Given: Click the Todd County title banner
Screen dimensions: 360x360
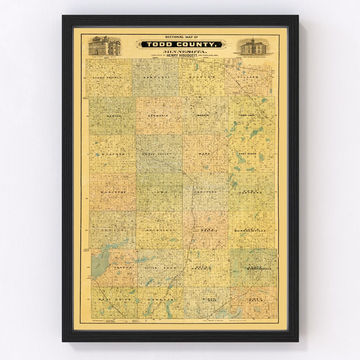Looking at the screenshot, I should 180,45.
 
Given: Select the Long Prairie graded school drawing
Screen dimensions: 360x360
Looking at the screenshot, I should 254,47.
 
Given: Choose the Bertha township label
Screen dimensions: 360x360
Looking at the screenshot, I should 114,116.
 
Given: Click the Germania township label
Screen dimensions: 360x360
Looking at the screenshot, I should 158,116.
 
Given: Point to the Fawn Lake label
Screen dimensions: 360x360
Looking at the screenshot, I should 247,115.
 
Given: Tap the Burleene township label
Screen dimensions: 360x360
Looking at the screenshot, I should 112,192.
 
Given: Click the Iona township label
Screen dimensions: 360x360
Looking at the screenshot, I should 158,192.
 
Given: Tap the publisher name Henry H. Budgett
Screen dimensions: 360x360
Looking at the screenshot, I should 181,56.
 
